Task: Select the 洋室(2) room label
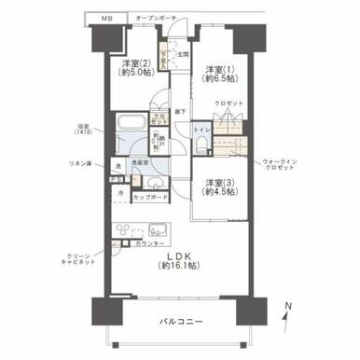click(132, 67)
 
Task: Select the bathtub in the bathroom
click(131, 125)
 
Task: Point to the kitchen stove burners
click(124, 230)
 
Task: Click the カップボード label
click(151, 198)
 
